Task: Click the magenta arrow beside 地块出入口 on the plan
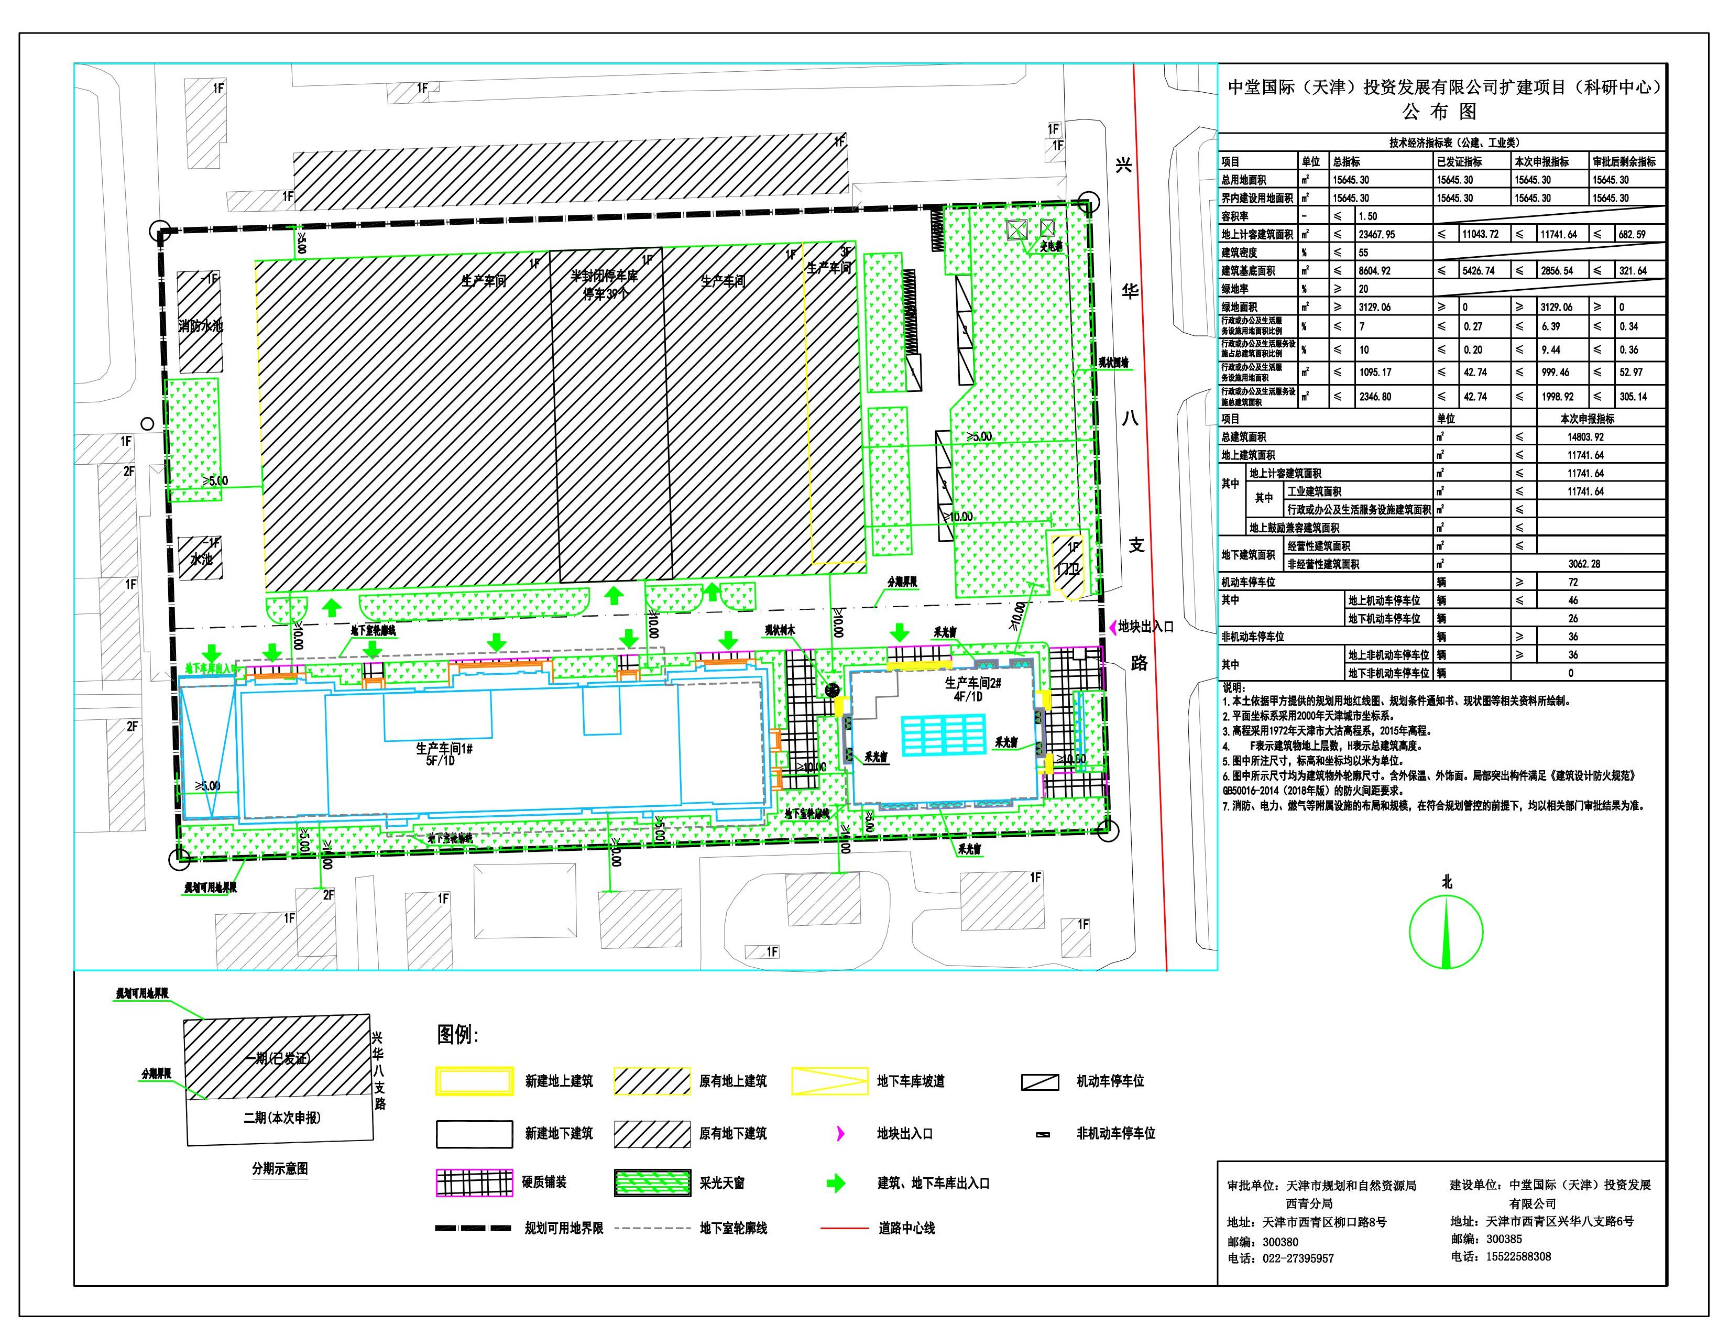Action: (x=1111, y=626)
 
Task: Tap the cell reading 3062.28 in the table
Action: (x=1583, y=564)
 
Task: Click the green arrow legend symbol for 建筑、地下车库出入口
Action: (x=836, y=1183)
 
